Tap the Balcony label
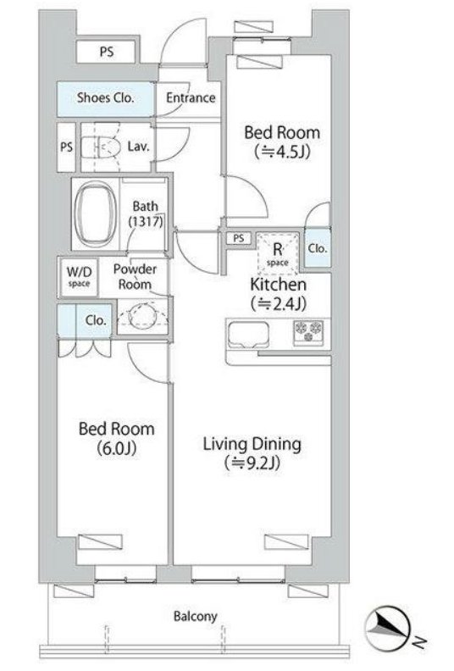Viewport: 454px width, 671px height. click(195, 616)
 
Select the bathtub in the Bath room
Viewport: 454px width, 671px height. click(96, 213)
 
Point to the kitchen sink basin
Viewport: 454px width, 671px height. click(249, 334)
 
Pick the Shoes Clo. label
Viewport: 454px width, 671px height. click(105, 97)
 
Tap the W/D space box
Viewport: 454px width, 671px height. click(79, 276)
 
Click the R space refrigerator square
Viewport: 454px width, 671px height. click(278, 253)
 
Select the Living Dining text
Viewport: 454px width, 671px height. click(252, 444)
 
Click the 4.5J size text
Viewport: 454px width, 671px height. click(282, 152)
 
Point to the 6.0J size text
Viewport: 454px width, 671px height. click(116, 448)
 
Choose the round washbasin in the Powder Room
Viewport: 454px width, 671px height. click(142, 318)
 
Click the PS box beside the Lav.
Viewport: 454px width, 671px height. click(66, 147)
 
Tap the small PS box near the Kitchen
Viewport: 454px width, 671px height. click(239, 238)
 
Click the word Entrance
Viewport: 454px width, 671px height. click(191, 97)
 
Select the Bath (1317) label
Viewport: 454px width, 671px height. click(146, 213)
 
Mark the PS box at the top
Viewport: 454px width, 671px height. click(107, 52)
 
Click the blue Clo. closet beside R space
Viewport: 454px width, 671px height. click(318, 247)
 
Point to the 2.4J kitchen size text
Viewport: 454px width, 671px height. click(278, 303)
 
